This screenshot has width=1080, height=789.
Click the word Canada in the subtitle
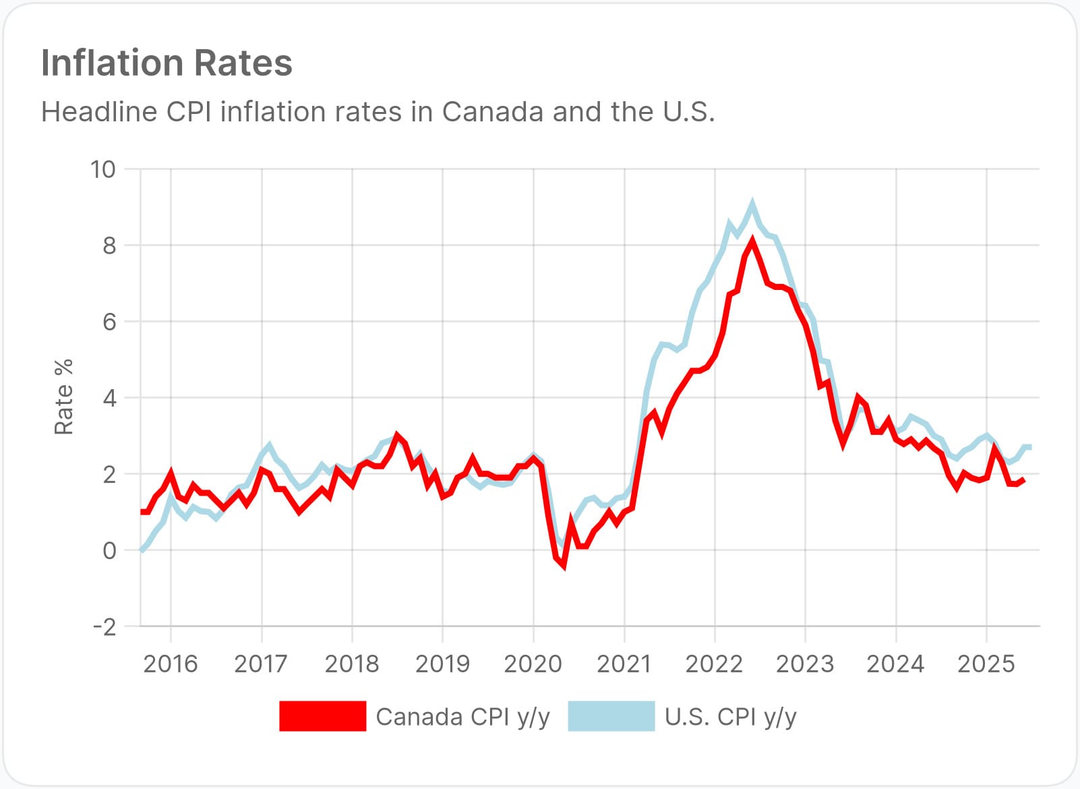[x=492, y=112]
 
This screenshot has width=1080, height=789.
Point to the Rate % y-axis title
[x=63, y=397]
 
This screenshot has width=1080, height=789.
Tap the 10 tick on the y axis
[x=103, y=169]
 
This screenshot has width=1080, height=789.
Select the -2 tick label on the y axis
[x=104, y=627]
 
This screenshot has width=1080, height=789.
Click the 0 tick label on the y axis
[x=109, y=551]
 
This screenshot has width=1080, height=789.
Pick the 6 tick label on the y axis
[x=109, y=322]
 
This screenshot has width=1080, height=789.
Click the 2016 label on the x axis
[x=171, y=664]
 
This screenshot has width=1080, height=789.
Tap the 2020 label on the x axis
[x=533, y=664]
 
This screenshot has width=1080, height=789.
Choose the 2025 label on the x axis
[x=986, y=664]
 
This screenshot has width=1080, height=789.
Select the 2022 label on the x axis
[x=714, y=664]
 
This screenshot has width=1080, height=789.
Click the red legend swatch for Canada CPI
[x=322, y=716]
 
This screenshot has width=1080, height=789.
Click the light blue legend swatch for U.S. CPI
[x=611, y=716]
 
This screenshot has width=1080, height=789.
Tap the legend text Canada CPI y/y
[x=462, y=717]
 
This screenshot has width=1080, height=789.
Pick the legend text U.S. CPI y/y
[x=730, y=717]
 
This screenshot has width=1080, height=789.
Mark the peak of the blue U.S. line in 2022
[x=752, y=203]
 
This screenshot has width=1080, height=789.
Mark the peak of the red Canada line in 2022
[x=752, y=241]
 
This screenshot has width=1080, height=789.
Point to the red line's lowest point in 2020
[x=563, y=566]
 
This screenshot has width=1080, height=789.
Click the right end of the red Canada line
[x=1024, y=479]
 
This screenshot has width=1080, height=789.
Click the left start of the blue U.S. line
[x=142, y=550]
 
